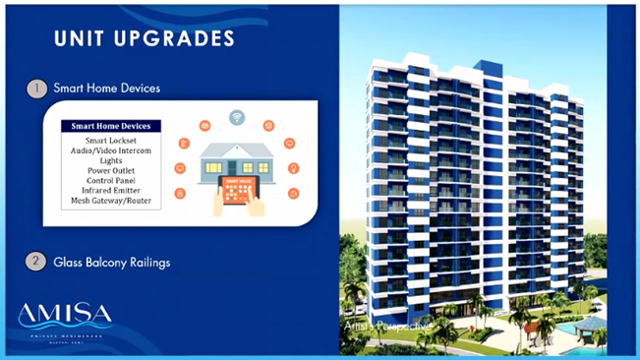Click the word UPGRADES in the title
183,39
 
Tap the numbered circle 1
35,89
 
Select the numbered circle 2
35,262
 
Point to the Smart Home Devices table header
109,127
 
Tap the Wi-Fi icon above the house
237,117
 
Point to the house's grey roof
237,147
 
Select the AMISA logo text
64,317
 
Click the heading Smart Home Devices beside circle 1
107,89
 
